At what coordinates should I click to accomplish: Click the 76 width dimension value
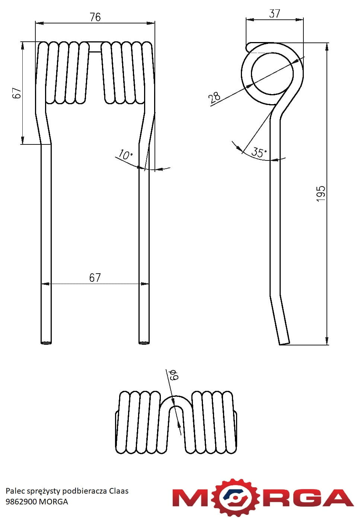(x=95, y=17)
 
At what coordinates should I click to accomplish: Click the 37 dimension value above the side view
(x=274, y=13)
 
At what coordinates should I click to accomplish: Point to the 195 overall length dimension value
(x=321, y=194)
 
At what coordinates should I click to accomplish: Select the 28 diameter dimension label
(x=214, y=97)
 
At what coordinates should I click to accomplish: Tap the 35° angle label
(x=259, y=153)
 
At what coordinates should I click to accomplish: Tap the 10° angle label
(x=125, y=155)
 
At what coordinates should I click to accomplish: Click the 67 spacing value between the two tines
(x=95, y=278)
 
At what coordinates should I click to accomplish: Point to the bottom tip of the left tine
(x=46, y=343)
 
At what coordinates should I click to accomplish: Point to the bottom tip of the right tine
(x=144, y=343)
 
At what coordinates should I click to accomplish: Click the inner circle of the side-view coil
(x=272, y=53)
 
